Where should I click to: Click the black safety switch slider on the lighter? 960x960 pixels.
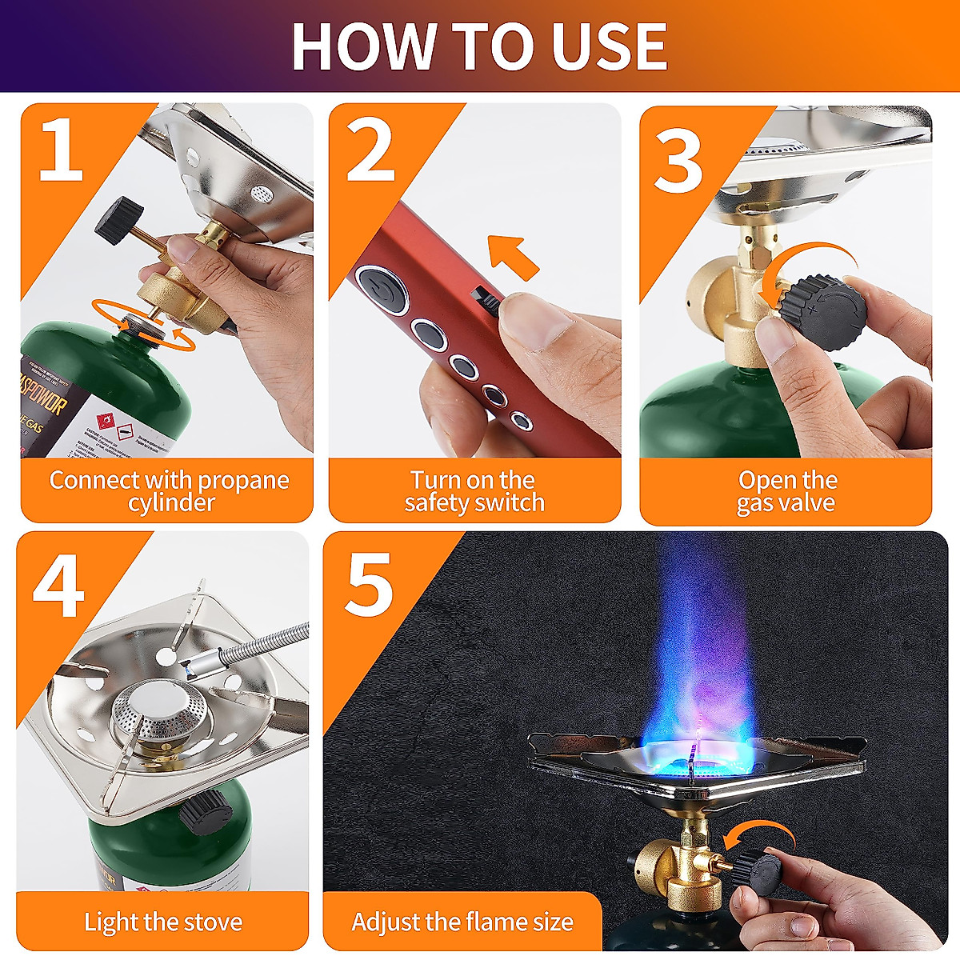pos(485,299)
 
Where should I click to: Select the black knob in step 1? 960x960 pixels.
pos(118,218)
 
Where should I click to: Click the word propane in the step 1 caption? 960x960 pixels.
pos(243,480)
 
